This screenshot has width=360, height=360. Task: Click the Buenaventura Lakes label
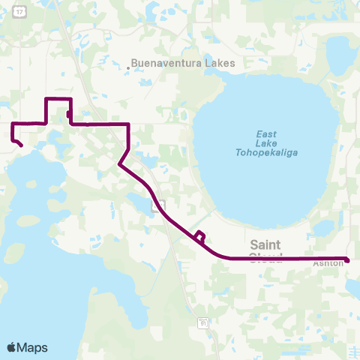pyautogui.click(x=183, y=64)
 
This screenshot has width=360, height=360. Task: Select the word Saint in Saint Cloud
pyautogui.click(x=265, y=244)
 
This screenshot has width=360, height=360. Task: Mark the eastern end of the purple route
pyautogui.click(x=347, y=259)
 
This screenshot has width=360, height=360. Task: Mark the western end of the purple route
pyautogui.click(x=21, y=145)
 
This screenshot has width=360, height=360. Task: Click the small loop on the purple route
pyautogui.click(x=199, y=237)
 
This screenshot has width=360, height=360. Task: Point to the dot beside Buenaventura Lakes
pyautogui.click(x=128, y=68)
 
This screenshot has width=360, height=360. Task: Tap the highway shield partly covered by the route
pyautogui.click(x=157, y=205)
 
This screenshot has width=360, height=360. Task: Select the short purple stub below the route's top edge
pyautogui.click(x=69, y=115)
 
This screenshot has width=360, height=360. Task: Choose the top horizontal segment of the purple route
pyautogui.click(x=58, y=99)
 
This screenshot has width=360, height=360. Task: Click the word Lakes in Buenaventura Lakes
pyautogui.click(x=217, y=64)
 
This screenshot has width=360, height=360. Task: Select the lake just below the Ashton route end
pyautogui.click(x=353, y=285)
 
